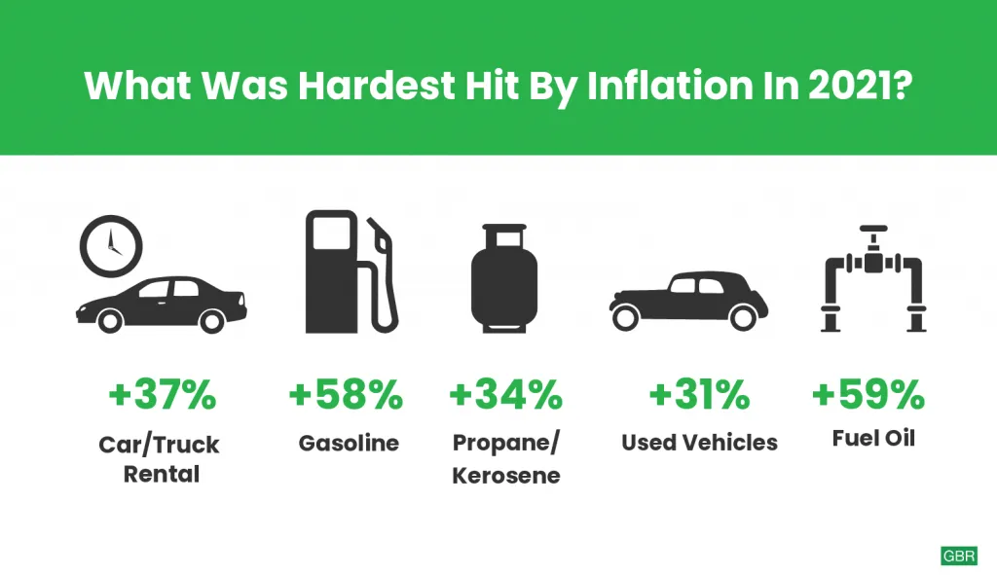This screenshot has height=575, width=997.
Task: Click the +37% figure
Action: coord(163,395)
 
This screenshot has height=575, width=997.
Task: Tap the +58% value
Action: coord(346,395)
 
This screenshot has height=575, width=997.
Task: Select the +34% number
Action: coord(506,395)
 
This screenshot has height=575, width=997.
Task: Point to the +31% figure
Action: coord(699,395)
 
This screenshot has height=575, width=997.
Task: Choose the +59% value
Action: coord(868,395)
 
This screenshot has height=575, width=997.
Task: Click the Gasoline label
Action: coord(350,443)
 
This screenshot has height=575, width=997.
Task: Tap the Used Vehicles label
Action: coord(699,443)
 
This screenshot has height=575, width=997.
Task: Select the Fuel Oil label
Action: coord(873,438)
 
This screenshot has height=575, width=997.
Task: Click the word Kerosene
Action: coord(506,475)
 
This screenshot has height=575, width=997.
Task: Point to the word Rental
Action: coord(162,474)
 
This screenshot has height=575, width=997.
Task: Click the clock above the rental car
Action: coord(111,246)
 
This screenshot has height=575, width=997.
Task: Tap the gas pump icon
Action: coord(351,271)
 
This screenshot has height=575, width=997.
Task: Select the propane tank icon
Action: coord(504,277)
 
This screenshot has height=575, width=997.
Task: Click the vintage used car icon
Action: coord(688,301)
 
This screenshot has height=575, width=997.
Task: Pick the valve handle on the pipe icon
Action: coord(873,229)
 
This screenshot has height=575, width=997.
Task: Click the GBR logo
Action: coord(959,556)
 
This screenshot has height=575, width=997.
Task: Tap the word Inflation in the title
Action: coord(670,86)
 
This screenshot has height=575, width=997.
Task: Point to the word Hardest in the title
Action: coord(377,86)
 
